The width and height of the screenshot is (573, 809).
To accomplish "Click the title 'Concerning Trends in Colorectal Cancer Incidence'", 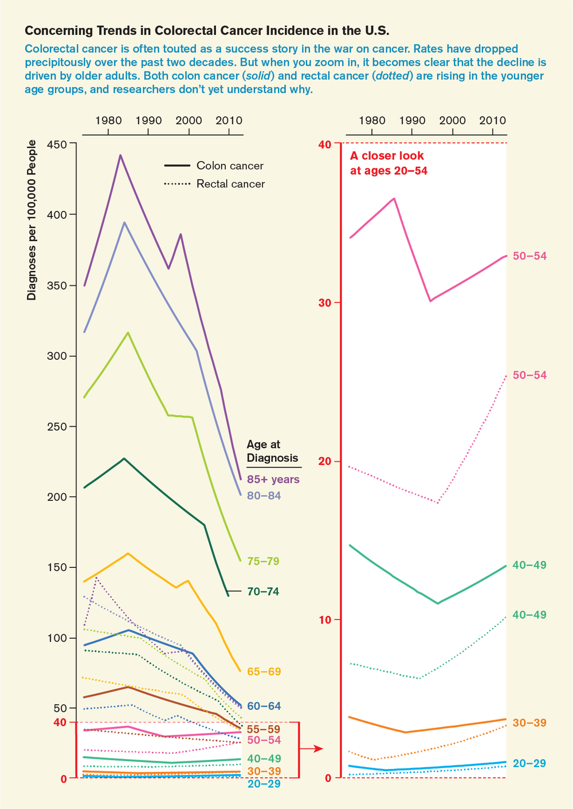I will click(207, 30).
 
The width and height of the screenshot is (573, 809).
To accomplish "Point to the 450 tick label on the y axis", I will click(57, 144).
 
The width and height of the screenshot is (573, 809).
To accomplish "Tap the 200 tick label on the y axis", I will click(57, 497).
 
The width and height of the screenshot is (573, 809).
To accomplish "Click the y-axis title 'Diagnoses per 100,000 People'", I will click(32, 220).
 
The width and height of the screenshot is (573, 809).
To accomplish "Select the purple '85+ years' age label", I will click(273, 480).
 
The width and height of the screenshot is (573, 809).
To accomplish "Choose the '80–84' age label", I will click(264, 496).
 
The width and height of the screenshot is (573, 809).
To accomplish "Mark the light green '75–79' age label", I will click(263, 561).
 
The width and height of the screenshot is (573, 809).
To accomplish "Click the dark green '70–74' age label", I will click(263, 592).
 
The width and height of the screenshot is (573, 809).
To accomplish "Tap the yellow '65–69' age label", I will click(264, 671).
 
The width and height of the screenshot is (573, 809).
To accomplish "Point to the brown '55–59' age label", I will click(263, 729).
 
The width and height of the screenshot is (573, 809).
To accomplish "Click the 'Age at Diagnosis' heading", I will click(272, 451).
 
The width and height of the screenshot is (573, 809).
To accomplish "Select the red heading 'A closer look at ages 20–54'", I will click(388, 163).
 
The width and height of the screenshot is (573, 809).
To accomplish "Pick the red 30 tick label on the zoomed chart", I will click(325, 303).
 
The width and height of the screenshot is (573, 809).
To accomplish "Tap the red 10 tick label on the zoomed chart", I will click(325, 620).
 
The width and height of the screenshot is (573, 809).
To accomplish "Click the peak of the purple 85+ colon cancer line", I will click(120, 155).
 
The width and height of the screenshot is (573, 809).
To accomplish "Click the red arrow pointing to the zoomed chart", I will click(312, 748).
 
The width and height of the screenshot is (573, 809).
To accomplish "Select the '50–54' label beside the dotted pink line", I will click(529, 375).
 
